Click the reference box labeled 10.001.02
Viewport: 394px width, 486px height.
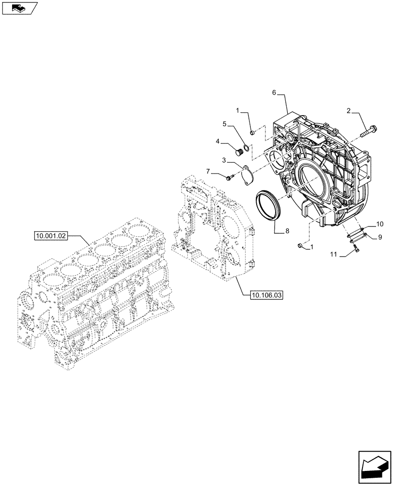point(51,236)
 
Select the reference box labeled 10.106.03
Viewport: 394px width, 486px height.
point(266,295)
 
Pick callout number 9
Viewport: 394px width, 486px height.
point(380,237)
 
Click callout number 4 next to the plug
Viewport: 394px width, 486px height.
point(218,141)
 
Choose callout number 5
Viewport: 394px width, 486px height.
point(225,124)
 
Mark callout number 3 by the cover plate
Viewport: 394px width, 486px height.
point(225,160)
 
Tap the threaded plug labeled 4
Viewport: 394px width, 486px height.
point(238,153)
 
